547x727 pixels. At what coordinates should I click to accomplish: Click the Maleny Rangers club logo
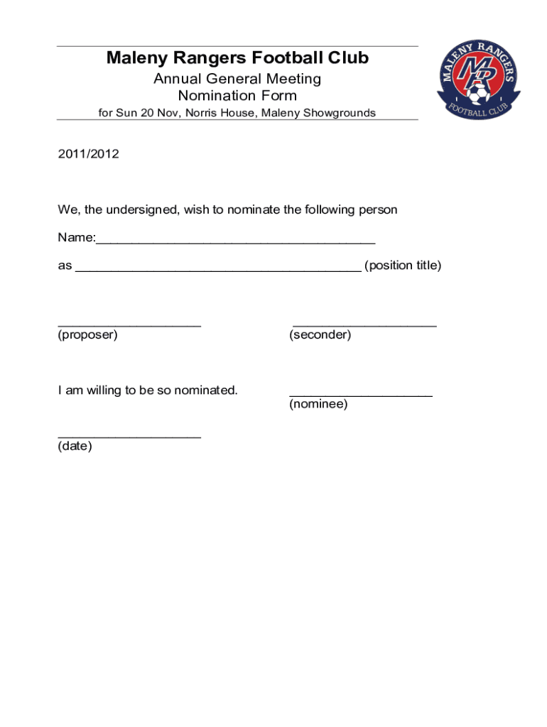coord(478,80)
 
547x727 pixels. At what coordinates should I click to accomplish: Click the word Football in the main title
coord(288,58)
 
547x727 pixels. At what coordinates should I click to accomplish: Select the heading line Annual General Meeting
coord(237,79)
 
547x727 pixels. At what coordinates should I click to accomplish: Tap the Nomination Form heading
coord(237,96)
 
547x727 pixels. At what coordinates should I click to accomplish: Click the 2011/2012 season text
coord(88,153)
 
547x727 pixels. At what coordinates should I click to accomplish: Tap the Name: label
coord(76,238)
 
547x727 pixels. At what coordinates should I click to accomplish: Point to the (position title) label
coord(403,266)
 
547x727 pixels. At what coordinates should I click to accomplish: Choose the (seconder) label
coord(320,334)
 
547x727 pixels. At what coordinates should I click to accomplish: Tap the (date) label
coord(75,447)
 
